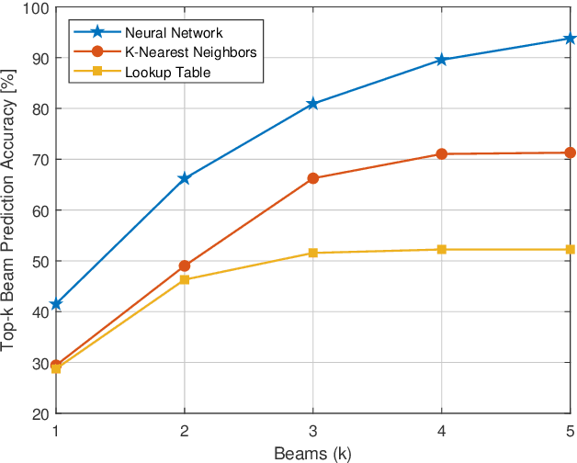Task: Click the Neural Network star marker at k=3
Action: click(313, 104)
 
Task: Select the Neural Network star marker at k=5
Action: click(570, 39)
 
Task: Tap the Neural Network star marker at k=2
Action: click(185, 178)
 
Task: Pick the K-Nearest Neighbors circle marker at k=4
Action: click(442, 154)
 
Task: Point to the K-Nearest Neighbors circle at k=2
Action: click(185, 265)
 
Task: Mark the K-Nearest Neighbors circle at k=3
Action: click(313, 178)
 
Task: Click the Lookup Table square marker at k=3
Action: click(313, 253)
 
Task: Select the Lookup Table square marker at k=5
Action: click(570, 250)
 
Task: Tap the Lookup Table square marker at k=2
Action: click(185, 279)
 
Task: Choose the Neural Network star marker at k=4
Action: click(442, 60)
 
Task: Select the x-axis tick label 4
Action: click(442, 431)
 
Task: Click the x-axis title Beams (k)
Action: click(313, 452)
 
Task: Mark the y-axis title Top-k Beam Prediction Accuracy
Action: click(10, 210)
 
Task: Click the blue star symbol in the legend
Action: click(96, 32)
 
